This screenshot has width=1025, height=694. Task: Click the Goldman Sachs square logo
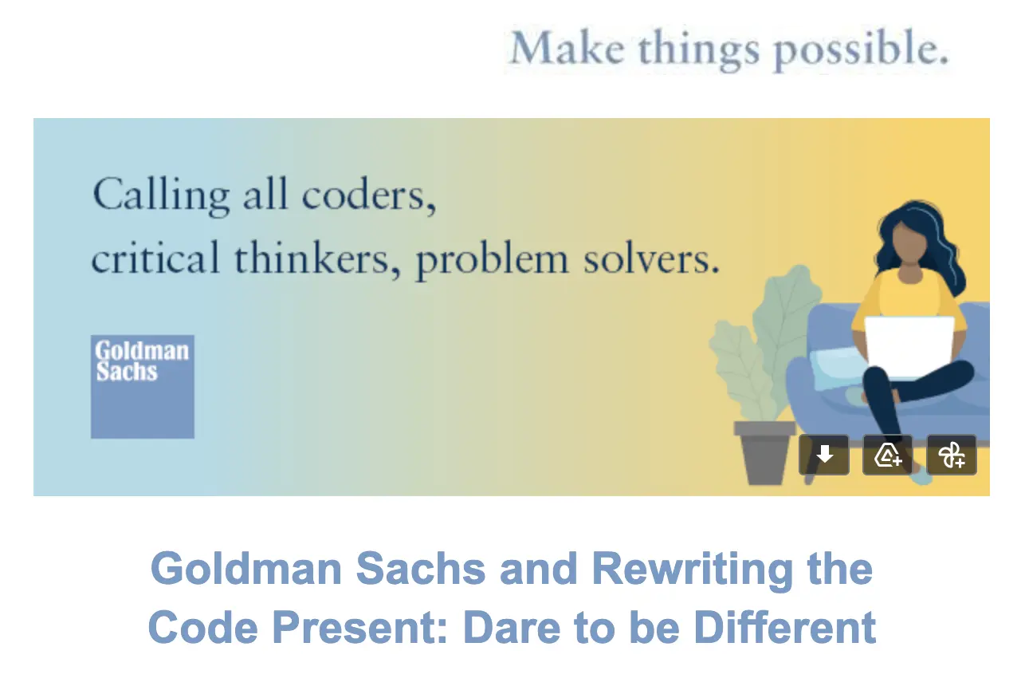point(143,387)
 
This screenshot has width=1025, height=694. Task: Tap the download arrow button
point(824,455)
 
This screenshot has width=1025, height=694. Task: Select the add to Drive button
point(888,455)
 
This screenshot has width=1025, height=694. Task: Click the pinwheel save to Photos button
point(952,455)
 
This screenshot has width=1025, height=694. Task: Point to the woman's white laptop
point(909,347)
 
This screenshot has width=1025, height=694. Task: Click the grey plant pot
point(764,452)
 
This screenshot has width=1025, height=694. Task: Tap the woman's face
point(909,240)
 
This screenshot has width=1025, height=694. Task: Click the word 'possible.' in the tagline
point(861,49)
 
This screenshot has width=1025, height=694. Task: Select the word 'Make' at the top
point(567,47)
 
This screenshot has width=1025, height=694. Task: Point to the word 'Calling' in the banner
point(161,196)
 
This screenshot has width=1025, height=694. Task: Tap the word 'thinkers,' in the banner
point(317,258)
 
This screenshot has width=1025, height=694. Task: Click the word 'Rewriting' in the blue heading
point(692,570)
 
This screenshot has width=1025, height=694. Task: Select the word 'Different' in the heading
point(785,627)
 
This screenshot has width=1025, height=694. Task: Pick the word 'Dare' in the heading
point(512,628)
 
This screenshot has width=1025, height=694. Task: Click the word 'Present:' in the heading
point(359,628)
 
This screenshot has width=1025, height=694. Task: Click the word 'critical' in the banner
point(155,257)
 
